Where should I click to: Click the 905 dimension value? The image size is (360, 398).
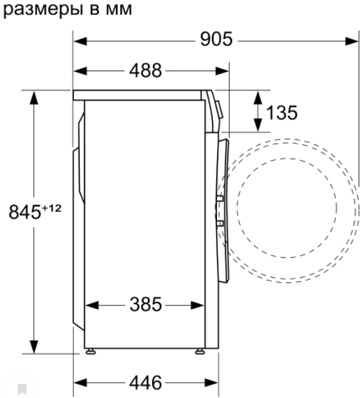point(216,39)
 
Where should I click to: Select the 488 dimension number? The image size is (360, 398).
point(145,70)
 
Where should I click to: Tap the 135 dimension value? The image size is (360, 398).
point(282,112)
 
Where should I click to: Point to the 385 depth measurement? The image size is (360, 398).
point(146,304)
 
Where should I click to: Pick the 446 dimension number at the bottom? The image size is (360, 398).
point(145,382)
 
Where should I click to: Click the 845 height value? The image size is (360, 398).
point(25,212)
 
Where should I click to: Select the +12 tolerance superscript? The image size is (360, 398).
point(51,208)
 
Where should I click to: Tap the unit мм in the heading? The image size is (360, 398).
point(119,10)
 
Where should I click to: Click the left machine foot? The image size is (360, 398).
point(90,351)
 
